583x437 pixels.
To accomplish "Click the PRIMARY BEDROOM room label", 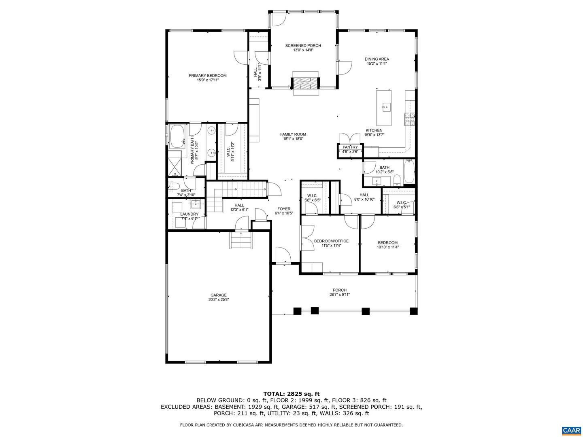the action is pos(207,76).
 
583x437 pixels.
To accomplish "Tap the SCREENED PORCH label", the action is pos(303,46).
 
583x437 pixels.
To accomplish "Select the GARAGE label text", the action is pos(218,295).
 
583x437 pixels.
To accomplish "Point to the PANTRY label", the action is pos(350,147).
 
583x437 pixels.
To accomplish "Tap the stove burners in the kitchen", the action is pos(409,119).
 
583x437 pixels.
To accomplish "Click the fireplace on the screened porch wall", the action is pos(305,83).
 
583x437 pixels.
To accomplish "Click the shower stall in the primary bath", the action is pos(174,167).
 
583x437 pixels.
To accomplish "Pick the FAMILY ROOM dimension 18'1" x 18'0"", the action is pos(293,138).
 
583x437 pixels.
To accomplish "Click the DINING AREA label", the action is pos(377,59).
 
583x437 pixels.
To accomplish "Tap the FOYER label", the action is pos(284,209).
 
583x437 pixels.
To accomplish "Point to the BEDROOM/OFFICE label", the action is pos(331,241).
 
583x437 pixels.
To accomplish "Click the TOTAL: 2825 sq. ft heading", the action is pos(291,394).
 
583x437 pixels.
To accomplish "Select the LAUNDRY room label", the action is pos(189,214).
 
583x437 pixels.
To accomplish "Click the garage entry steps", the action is pos(240,240).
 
